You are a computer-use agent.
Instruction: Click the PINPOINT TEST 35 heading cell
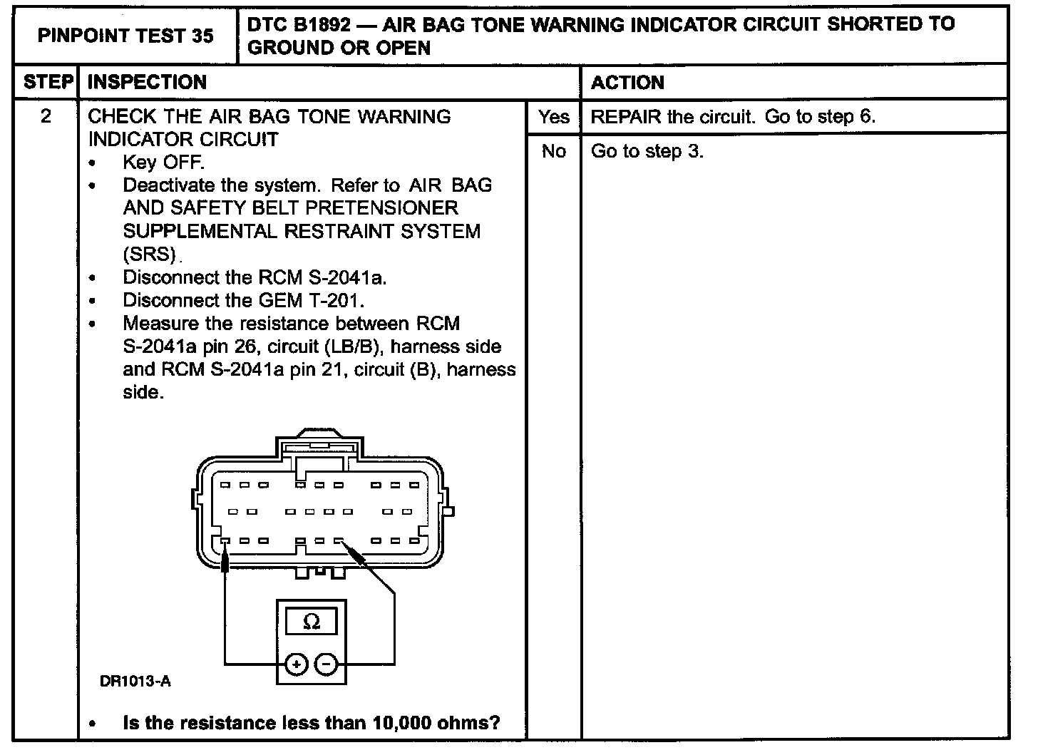[x=125, y=36]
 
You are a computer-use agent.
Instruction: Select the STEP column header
[x=48, y=82]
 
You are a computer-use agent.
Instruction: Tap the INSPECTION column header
[x=147, y=82]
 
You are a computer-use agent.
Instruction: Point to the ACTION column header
[x=627, y=83]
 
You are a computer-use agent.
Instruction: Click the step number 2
[x=46, y=116]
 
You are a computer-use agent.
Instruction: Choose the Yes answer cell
[x=553, y=117]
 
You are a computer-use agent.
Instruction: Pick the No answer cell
[x=553, y=151]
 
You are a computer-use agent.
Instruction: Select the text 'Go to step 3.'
[x=647, y=151]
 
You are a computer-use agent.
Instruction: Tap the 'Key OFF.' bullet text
[x=163, y=163]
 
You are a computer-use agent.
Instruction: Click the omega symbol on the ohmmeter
[x=312, y=622]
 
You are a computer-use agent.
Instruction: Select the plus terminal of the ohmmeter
[x=295, y=664]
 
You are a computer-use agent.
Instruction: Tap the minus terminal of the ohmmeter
[x=326, y=664]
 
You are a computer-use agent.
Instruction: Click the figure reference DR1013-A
[x=135, y=682]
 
